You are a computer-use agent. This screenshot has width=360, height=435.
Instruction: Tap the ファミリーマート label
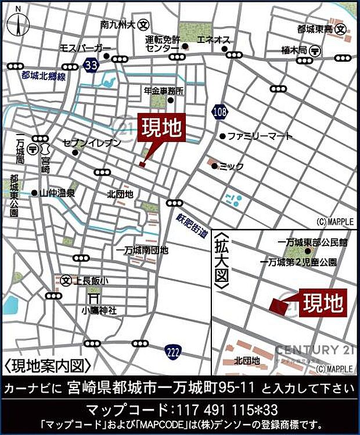click(252, 137)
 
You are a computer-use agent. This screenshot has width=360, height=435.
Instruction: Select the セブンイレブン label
click(92, 143)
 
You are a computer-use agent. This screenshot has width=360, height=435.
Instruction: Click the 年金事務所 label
click(164, 91)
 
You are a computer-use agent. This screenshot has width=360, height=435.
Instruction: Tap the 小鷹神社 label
click(99, 311)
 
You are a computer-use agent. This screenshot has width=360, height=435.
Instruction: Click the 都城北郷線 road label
click(43, 76)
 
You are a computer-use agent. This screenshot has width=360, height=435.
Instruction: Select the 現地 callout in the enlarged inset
click(322, 303)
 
